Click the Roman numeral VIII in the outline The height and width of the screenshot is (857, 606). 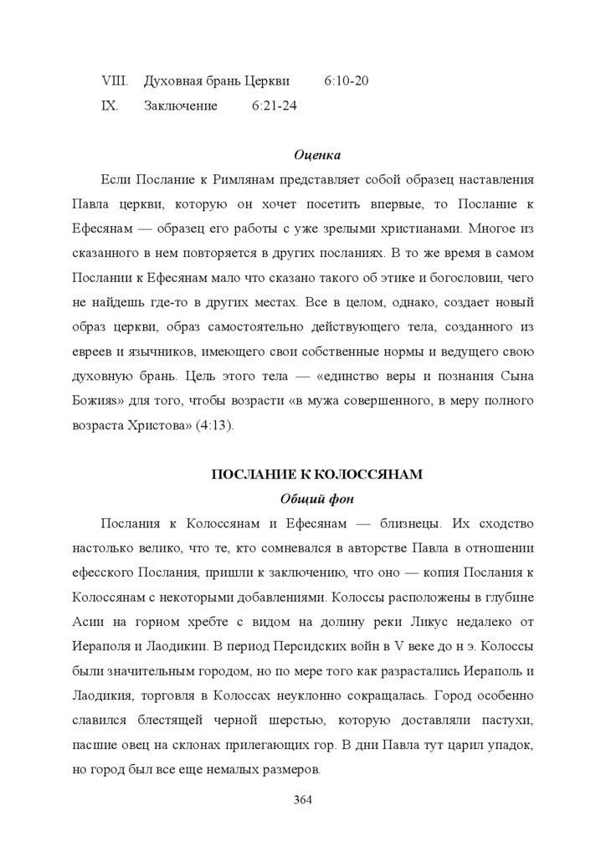pos(113,82)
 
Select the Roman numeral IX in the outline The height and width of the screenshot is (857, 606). pos(110,107)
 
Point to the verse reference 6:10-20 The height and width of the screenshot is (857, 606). pos(346,82)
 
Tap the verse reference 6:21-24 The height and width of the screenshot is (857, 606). pos(274,107)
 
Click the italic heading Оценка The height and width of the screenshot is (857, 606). pos(317,155)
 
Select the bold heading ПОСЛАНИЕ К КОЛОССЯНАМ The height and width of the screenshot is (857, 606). pos(317,475)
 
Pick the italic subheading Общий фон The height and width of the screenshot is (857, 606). pos(317,500)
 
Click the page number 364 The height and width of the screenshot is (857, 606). pos(302,801)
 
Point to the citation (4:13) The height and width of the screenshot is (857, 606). pos(215,425)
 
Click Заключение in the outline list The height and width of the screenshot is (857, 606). pos(181,107)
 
